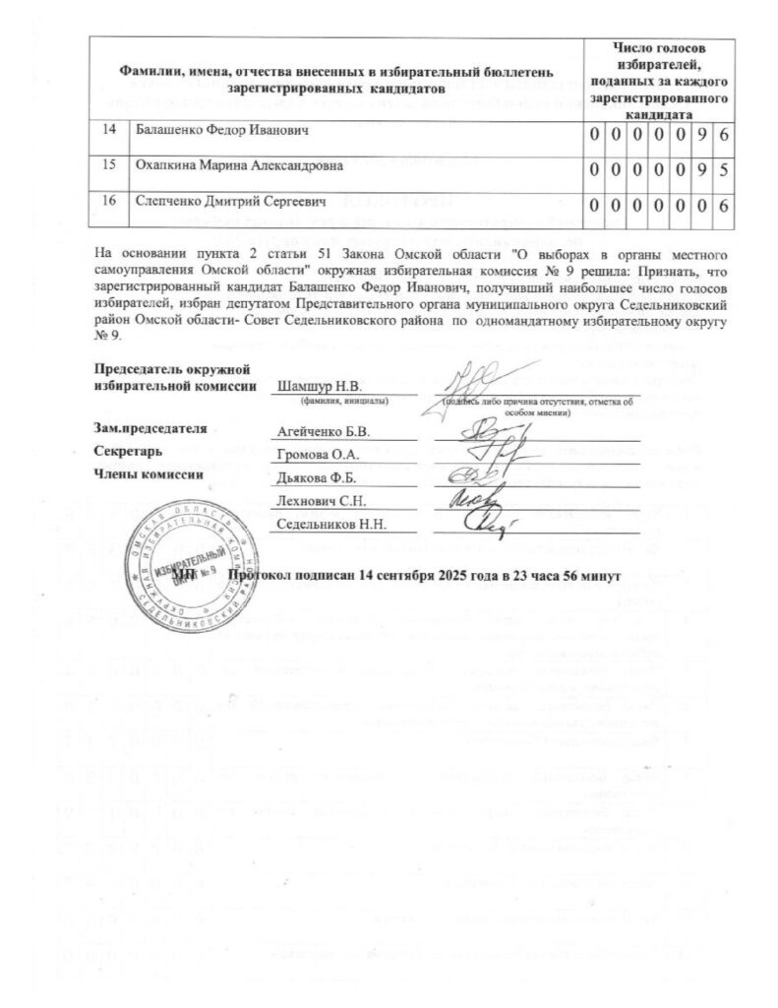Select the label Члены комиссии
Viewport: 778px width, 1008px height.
click(148, 473)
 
